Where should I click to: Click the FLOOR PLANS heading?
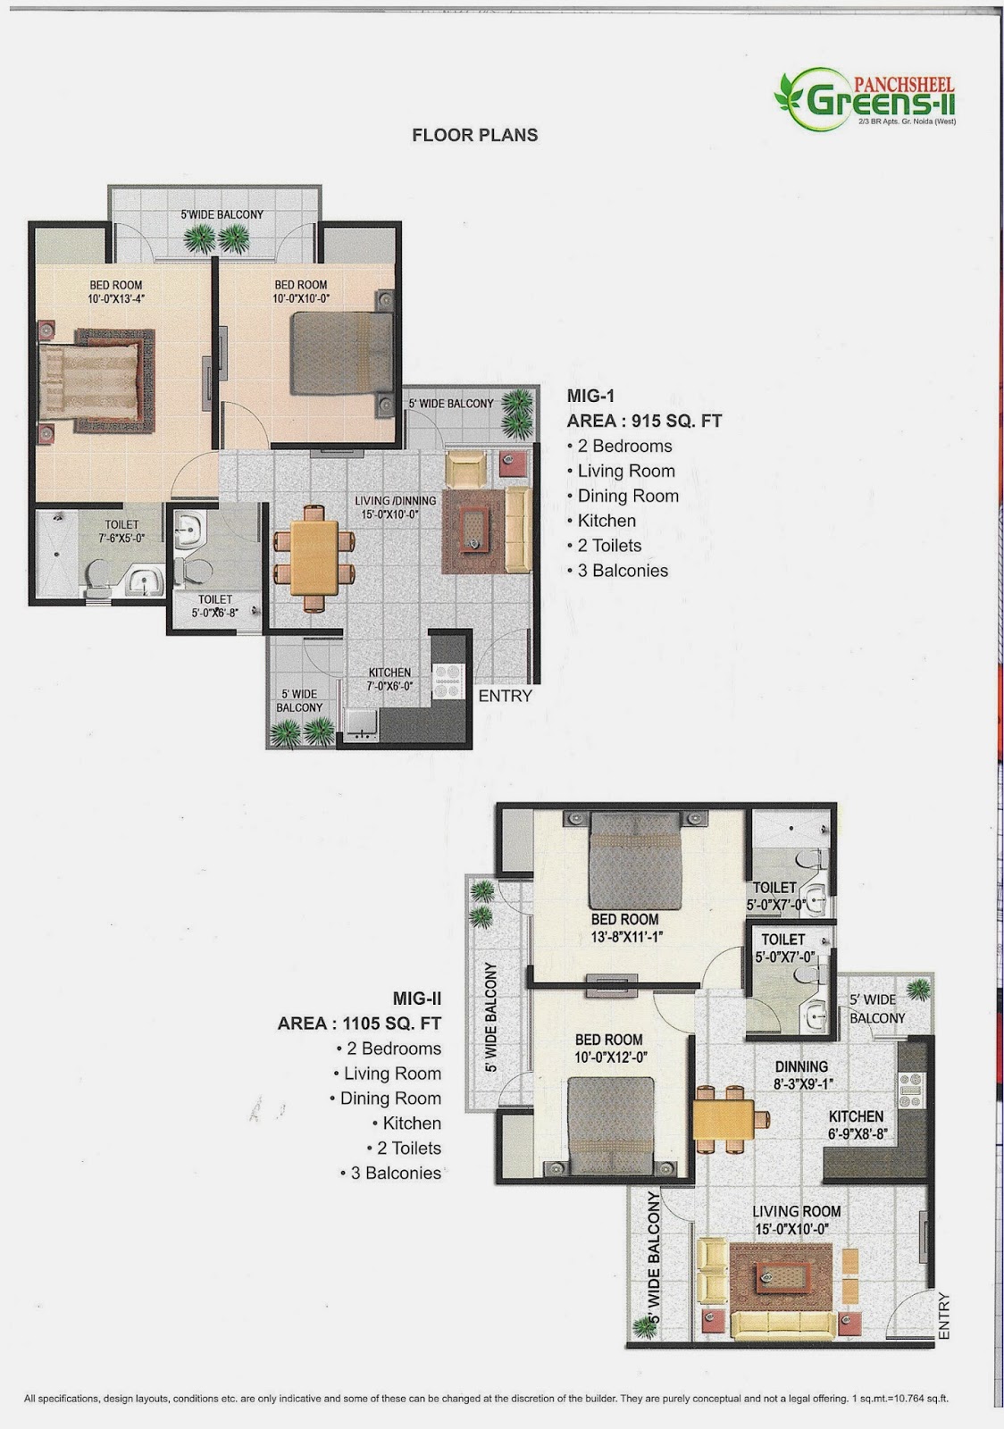(x=474, y=135)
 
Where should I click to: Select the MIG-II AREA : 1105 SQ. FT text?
(x=359, y=1011)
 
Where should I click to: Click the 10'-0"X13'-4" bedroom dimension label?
(x=116, y=299)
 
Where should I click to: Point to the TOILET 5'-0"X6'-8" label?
(x=215, y=606)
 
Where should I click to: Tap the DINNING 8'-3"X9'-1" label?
(x=801, y=1074)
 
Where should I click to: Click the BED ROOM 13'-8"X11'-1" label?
(x=624, y=927)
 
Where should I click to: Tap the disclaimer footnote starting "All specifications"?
(x=486, y=1398)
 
